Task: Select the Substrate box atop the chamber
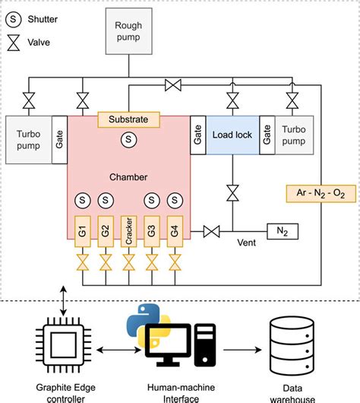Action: pos(128,119)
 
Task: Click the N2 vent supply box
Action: pos(281,230)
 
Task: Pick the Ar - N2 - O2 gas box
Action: pos(317,194)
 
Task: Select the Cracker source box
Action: pos(128,231)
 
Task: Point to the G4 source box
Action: pos(175,231)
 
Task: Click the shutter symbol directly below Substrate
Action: pos(128,139)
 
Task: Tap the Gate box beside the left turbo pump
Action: pos(59,140)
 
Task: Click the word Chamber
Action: pos(128,176)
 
